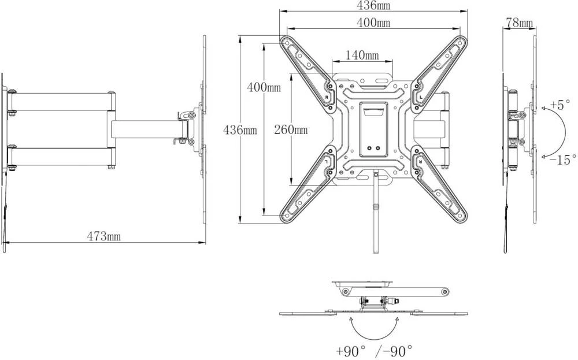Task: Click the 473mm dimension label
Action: [103, 236]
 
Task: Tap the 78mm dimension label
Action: [519, 23]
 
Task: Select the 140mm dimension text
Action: [362, 55]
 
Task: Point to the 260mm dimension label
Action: [291, 129]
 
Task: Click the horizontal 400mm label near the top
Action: [373, 23]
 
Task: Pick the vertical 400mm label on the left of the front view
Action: [264, 87]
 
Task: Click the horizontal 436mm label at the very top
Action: [373, 5]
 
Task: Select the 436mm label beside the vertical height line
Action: [240, 130]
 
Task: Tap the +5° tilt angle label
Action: [560, 105]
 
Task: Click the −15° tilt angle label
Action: [563, 160]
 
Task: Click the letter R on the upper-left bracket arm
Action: [326, 98]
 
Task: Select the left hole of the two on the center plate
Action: [370, 148]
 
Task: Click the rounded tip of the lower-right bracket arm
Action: [461, 217]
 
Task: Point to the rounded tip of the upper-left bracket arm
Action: [286, 42]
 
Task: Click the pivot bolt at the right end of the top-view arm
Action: [444, 292]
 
